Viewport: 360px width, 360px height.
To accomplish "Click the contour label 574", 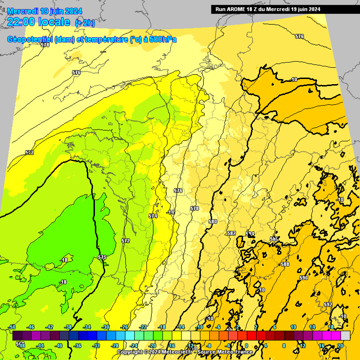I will (153, 216).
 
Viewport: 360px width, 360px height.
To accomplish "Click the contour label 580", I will (213, 222).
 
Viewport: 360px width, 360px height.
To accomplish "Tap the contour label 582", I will (231, 233).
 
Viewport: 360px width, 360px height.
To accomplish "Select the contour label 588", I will (285, 264).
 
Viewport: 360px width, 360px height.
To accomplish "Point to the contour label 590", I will (303, 278).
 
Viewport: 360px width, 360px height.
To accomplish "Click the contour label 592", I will (328, 304).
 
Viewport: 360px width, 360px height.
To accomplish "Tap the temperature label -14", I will (171, 212).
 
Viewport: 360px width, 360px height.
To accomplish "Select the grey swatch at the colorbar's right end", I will (345, 335).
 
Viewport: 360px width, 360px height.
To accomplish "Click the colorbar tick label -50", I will (13, 327).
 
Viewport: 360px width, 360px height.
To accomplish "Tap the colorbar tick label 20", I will (340, 346).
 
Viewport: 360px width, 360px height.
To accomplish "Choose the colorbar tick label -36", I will (78, 346).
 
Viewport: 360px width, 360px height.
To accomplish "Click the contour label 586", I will (274, 239).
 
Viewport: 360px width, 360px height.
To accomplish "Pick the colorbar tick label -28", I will (115, 346).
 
